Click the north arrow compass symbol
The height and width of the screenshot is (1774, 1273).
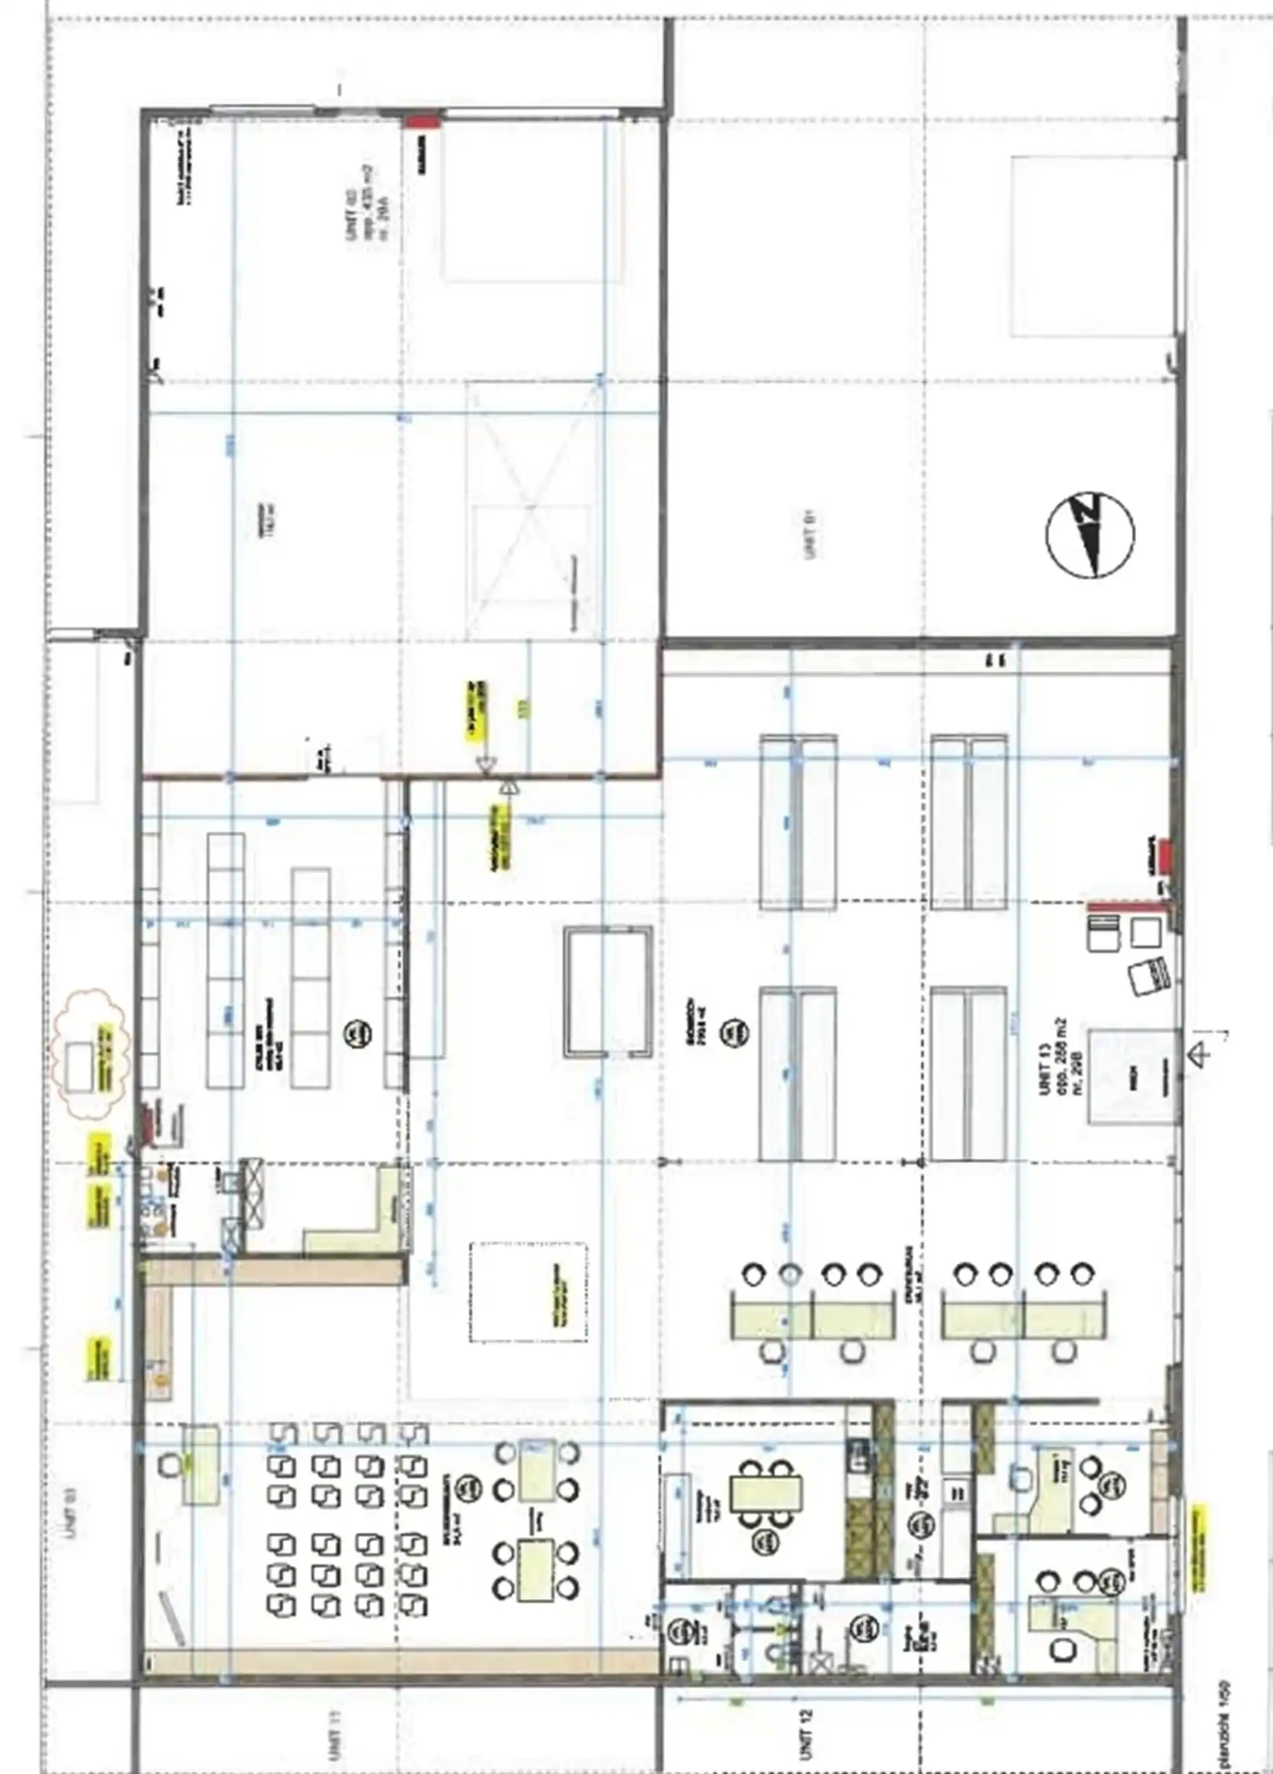click(x=1089, y=535)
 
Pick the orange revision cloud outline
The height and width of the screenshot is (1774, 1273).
click(x=89, y=1053)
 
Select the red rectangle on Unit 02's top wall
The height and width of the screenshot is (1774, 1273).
click(x=422, y=121)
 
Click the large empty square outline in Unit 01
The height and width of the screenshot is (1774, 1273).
click(x=1093, y=247)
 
